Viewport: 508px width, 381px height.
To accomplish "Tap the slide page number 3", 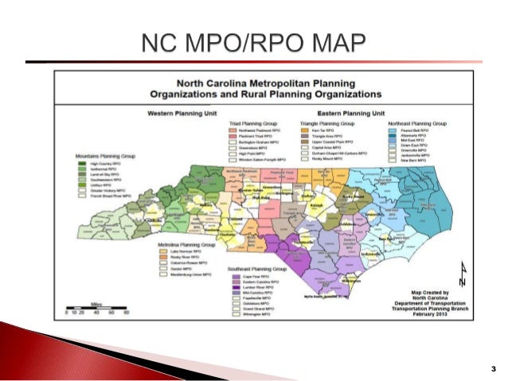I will pyautogui.click(x=494, y=367).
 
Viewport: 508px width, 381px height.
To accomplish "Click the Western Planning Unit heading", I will pyautogui.click(x=179, y=115).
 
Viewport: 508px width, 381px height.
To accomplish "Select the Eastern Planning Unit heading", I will pyautogui.click(x=350, y=115).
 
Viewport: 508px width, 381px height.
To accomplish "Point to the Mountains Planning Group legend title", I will pyautogui.click(x=105, y=157).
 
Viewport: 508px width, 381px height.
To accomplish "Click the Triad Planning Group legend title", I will pyautogui.click(x=252, y=124).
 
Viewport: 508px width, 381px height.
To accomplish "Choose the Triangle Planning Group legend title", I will pyautogui.click(x=327, y=124).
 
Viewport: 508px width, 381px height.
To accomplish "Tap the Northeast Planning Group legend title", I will pyautogui.click(x=417, y=124).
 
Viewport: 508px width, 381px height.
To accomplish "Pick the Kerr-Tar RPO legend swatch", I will pyautogui.click(x=306, y=131).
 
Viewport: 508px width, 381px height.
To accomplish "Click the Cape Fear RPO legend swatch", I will pyautogui.click(x=236, y=275).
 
